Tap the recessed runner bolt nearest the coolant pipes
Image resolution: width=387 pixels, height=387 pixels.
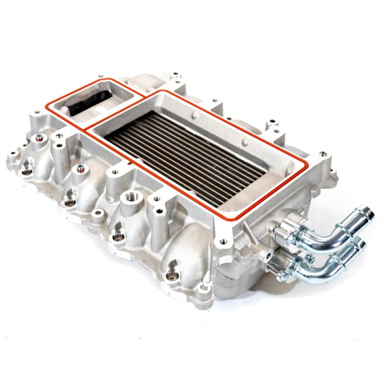tap(173, 276)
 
